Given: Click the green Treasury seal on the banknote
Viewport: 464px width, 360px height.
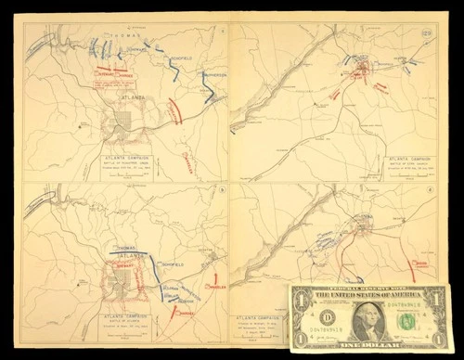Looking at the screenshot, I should click(x=405, y=320).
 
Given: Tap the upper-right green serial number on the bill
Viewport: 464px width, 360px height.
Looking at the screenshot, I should click(x=419, y=302).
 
